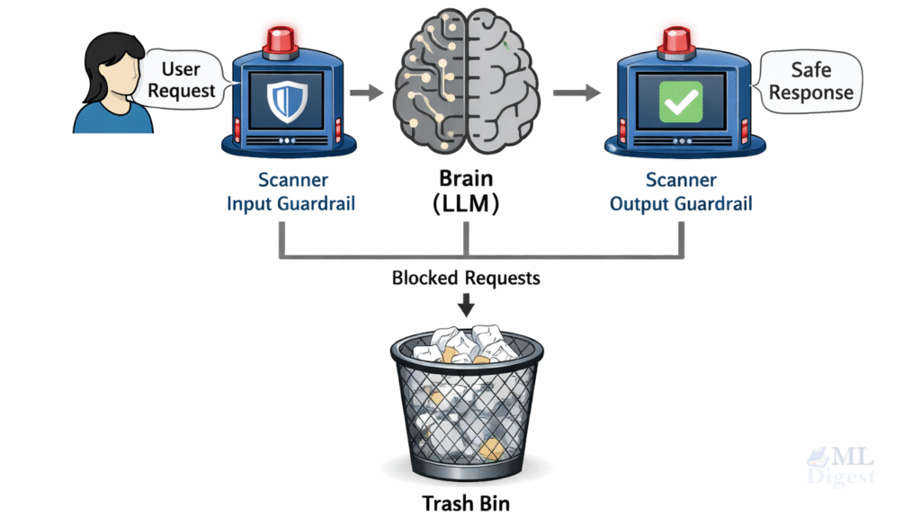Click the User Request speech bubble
[x=182, y=79]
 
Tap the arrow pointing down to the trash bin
[x=466, y=305]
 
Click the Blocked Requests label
[x=466, y=278]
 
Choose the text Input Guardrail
[x=291, y=204]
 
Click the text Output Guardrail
[x=681, y=204]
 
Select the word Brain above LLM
[x=465, y=179]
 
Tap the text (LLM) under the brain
[x=465, y=205]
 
